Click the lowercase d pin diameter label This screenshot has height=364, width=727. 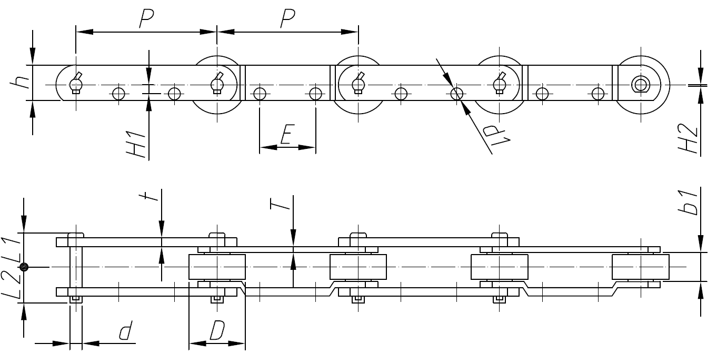coord(125,331)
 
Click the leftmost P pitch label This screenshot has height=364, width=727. coord(146,19)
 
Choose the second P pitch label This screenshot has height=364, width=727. coord(287,19)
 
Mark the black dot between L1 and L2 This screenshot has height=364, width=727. coord(23,267)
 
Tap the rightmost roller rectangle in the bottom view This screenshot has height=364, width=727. coord(641,267)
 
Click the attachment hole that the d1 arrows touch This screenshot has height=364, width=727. coord(457,94)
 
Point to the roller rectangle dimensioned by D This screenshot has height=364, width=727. coord(217,267)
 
